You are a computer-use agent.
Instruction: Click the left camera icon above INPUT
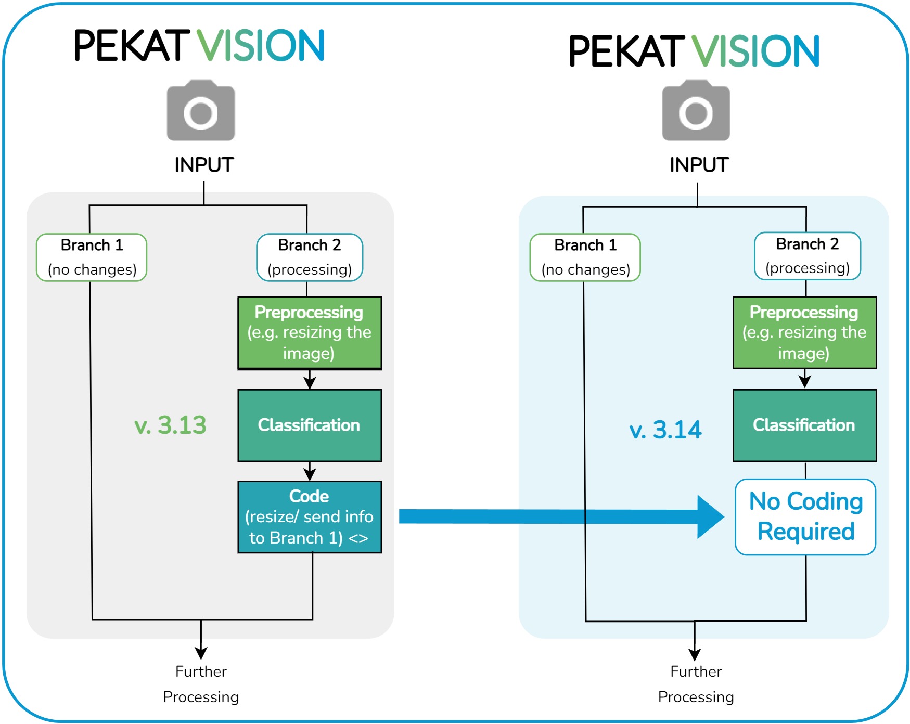201,111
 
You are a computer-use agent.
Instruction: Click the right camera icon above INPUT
696,111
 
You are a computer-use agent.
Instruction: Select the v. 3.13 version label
170,425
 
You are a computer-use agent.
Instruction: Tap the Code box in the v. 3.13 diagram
310,516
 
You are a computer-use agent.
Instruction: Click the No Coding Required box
805,516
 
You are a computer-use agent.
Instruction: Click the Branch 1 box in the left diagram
92,257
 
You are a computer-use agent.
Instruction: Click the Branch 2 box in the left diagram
310,257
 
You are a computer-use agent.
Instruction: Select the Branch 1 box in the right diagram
585,257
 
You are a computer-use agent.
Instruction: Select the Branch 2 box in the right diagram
807,256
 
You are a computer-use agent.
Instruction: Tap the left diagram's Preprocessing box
310,332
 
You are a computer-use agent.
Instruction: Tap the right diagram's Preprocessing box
804,332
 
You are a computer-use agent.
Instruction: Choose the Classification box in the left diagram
310,425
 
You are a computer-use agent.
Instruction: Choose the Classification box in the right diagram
804,425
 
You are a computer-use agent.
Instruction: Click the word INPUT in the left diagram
204,165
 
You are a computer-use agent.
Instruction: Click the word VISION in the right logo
755,51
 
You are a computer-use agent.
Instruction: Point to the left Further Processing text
201,684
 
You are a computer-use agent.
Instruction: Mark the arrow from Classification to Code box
310,471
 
